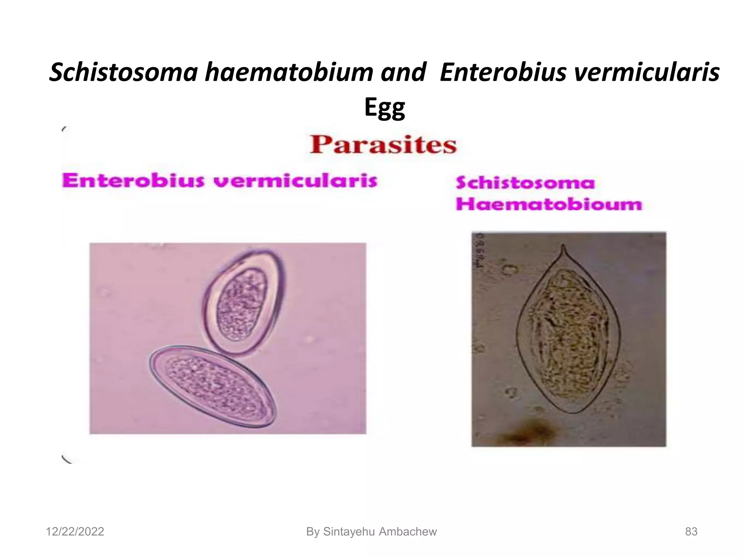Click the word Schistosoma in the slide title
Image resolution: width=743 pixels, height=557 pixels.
[x=123, y=72]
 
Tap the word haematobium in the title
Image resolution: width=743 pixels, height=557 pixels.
[x=289, y=72]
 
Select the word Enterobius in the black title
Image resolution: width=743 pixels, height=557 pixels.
[x=502, y=72]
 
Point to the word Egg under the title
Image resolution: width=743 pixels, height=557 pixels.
[x=385, y=108]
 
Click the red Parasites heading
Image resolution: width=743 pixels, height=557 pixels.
[x=383, y=145]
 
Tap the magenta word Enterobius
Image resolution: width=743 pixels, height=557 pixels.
[x=133, y=180]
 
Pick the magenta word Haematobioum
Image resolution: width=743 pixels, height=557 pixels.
[x=549, y=204]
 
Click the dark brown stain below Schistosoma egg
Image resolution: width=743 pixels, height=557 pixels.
[x=533, y=432]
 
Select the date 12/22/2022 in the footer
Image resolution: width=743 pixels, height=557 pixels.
[x=75, y=532]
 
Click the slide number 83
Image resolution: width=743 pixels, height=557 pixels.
[x=691, y=532]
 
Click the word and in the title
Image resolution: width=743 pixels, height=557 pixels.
[x=403, y=72]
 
